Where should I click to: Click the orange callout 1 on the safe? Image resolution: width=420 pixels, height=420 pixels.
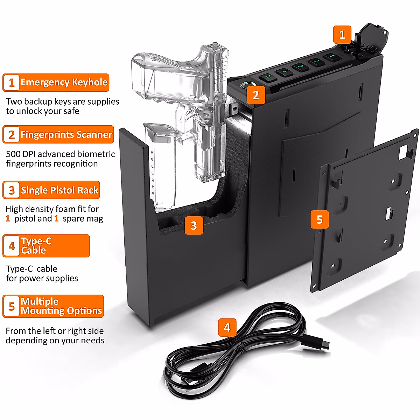pos(342,34)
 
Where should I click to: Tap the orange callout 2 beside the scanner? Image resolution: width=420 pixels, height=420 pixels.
pos(255,95)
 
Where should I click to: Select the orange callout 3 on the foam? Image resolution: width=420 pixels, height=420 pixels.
pos(194,226)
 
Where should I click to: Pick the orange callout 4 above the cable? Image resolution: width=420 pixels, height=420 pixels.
pos(227,328)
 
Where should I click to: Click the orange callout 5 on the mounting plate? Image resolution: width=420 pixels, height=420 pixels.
pos(319,219)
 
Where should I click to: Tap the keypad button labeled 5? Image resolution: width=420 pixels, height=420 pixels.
pos(268,77)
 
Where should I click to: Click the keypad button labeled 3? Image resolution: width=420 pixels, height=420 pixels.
pos(300,66)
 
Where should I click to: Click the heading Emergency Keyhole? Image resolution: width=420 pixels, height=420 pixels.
pos(64,83)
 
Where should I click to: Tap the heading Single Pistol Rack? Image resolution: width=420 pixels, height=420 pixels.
pos(59,190)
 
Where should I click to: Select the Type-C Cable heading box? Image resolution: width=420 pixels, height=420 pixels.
pos(46,246)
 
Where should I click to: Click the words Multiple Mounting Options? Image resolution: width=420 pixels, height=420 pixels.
pos(61,306)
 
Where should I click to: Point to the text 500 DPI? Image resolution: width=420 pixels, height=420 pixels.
pos(21,154)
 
